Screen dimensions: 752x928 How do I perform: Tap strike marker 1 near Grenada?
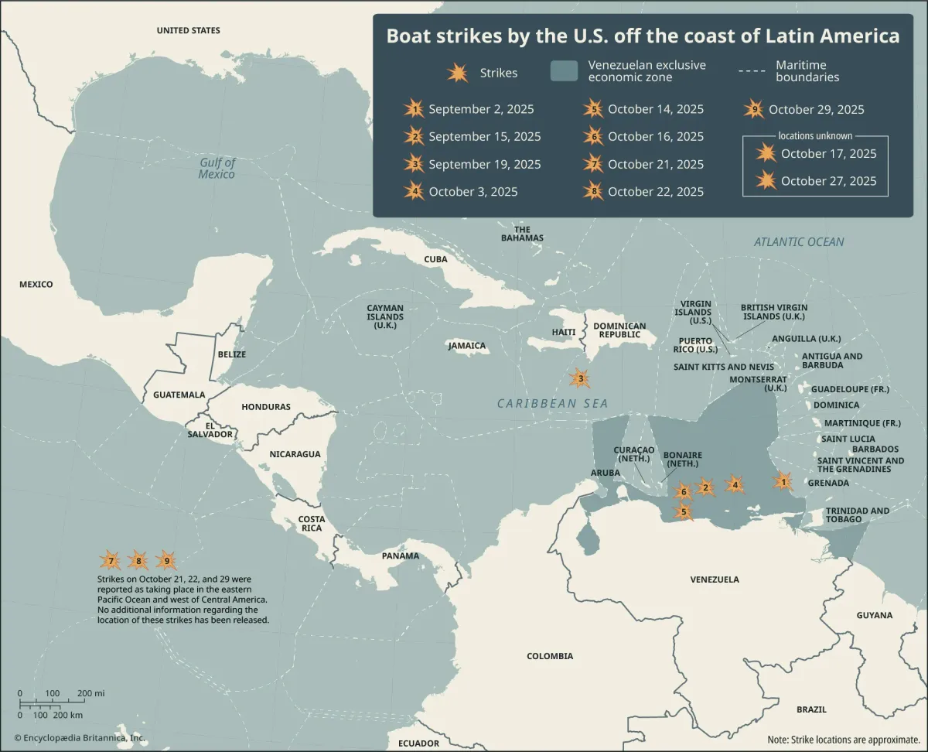point(783,482)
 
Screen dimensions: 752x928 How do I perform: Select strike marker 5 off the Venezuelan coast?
point(683,511)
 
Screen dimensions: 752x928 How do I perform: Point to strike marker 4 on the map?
point(735,485)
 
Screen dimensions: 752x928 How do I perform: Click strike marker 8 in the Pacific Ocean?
point(138,561)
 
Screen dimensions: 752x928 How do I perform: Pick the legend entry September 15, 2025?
point(484,137)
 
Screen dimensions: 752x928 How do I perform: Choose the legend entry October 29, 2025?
point(816,110)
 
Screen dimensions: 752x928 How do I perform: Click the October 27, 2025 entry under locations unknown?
point(828,181)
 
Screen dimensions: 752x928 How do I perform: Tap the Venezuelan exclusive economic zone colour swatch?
point(564,71)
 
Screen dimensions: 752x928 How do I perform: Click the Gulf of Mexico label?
point(217,168)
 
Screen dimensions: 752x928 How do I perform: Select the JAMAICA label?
point(467,346)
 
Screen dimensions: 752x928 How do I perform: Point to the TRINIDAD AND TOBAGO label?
point(858,514)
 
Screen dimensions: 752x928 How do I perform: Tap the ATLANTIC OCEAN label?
point(799,242)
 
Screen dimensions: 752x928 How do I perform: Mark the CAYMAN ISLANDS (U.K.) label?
point(385,316)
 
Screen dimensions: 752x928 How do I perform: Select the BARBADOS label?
point(875,449)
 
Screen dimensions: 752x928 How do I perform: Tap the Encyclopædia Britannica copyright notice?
point(79,738)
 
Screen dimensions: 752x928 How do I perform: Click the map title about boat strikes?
point(643,36)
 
